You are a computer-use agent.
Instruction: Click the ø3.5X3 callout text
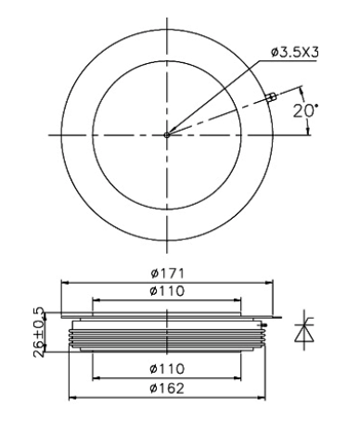(x=294, y=53)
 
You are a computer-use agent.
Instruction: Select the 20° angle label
(x=305, y=110)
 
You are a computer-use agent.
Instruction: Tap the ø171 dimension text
(x=167, y=273)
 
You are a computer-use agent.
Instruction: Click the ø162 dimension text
(x=167, y=388)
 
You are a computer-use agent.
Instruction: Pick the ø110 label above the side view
(x=167, y=291)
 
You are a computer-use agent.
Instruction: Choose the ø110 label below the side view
(x=167, y=369)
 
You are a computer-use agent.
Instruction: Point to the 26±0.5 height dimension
(x=39, y=332)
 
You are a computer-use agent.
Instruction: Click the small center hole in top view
(x=167, y=135)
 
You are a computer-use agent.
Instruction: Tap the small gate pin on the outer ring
(x=271, y=96)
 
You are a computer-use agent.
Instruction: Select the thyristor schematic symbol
(x=304, y=330)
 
